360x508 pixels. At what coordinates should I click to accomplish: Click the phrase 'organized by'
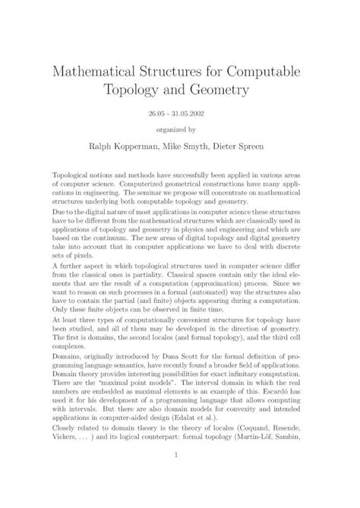tap(179, 129)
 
